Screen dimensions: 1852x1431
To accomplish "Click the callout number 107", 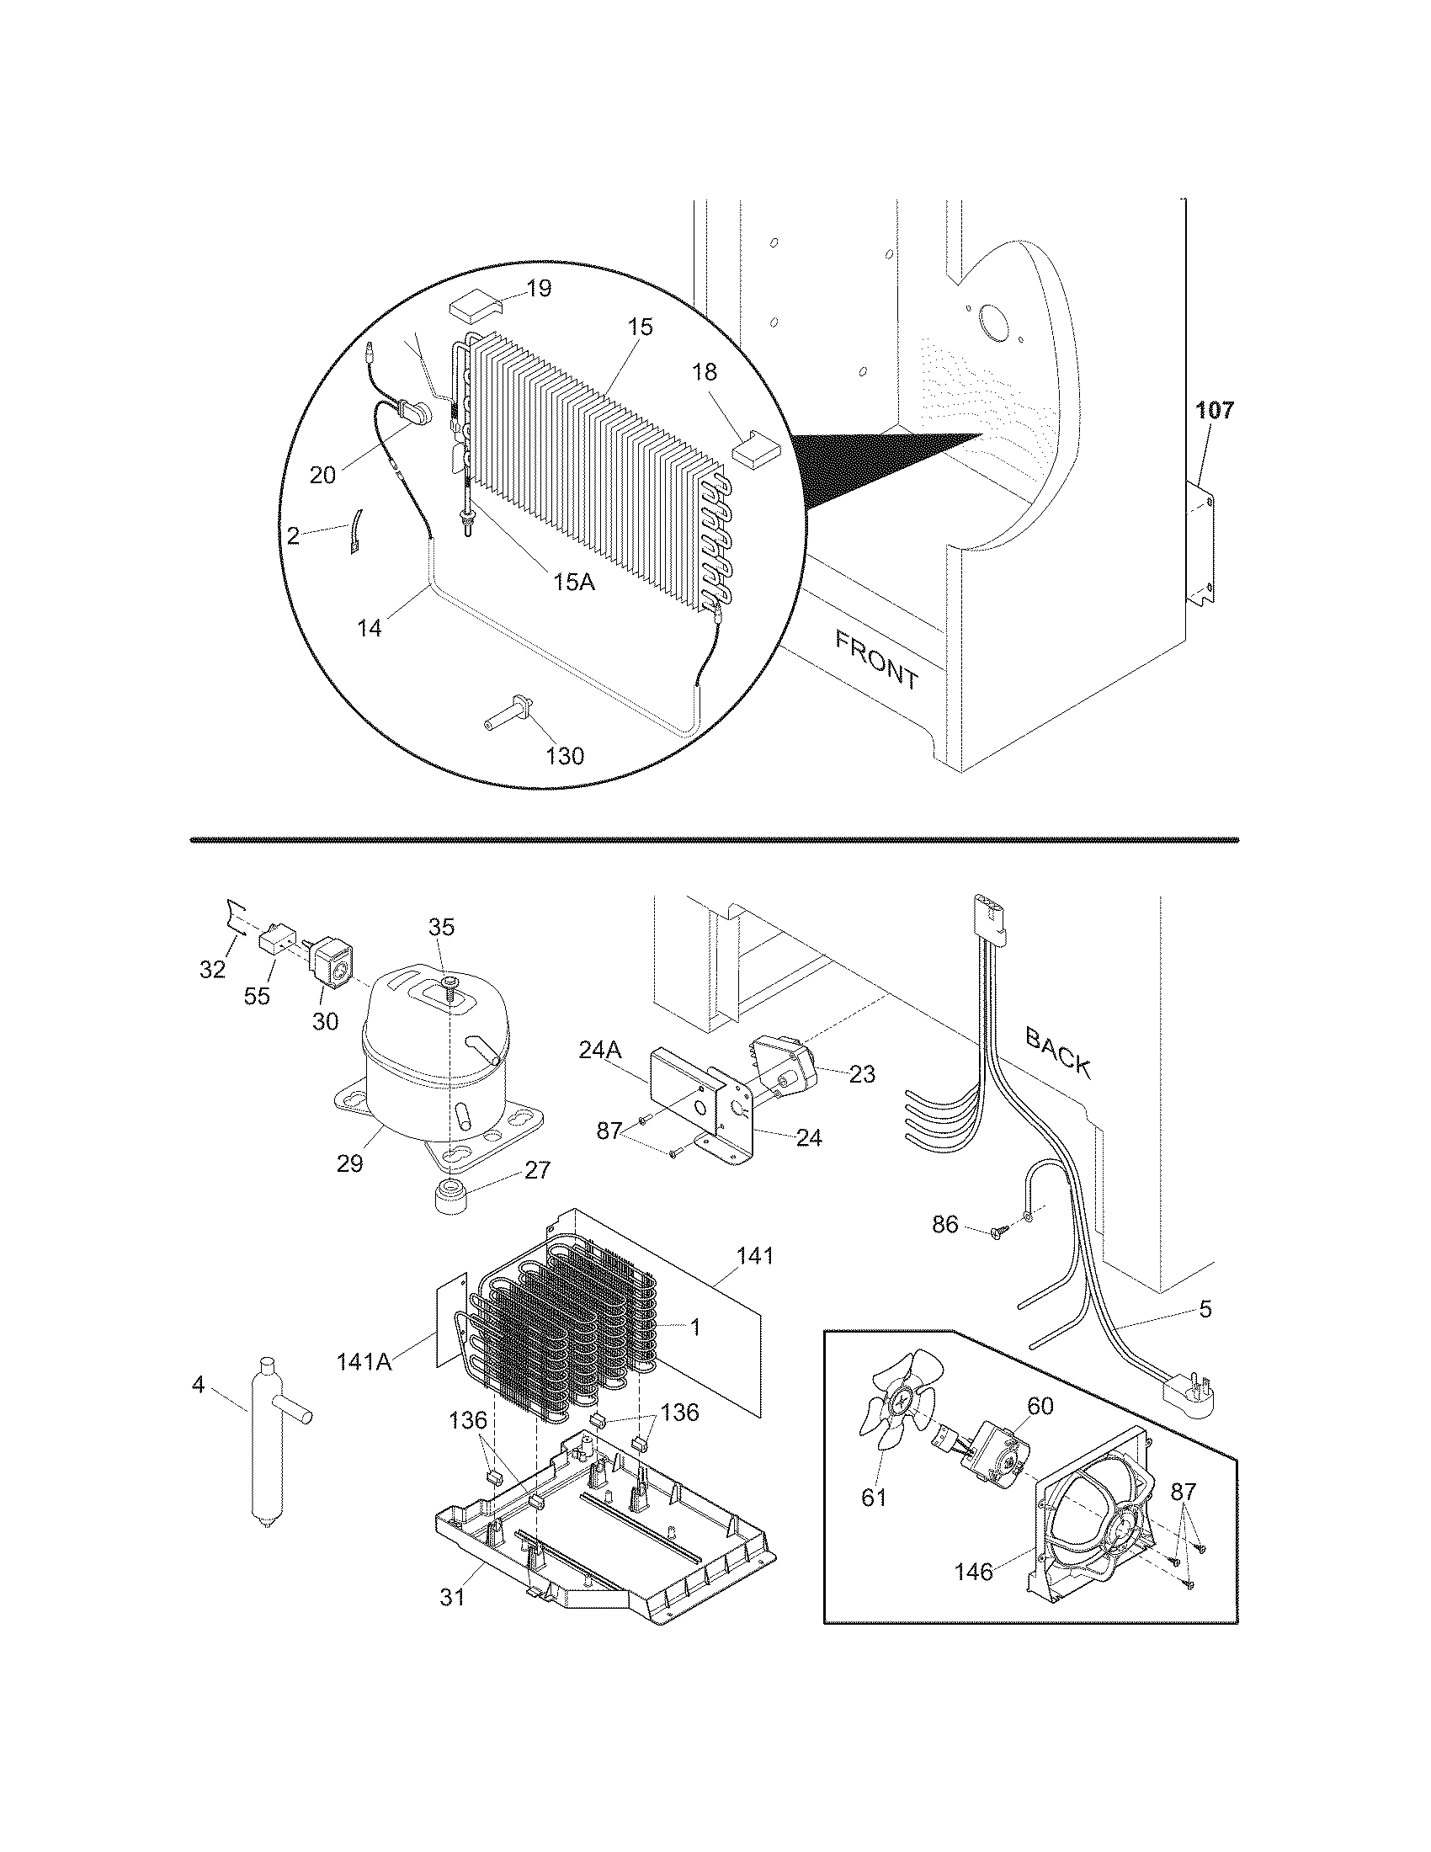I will [1215, 411].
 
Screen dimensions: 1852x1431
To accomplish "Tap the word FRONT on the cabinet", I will [875, 660].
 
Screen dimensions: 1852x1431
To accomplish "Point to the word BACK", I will [1057, 1051].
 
